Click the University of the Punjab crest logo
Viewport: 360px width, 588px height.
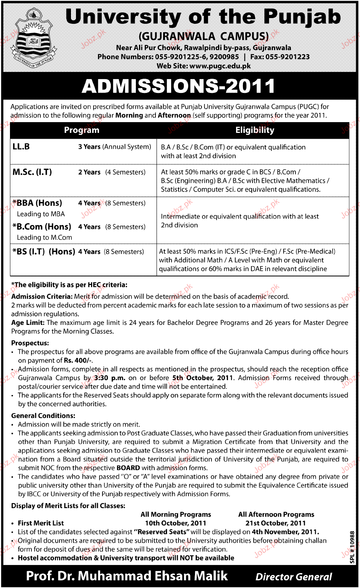pyautogui.click(x=33, y=38)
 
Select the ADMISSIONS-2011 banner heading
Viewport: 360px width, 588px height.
pyautogui.click(x=178, y=86)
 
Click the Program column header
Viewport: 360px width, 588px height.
pyautogui.click(x=81, y=130)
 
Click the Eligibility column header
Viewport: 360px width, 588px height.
pyautogui.click(x=255, y=130)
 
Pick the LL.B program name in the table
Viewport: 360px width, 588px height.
pyautogui.click(x=21, y=147)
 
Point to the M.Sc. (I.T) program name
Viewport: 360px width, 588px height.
pyautogui.click(x=32, y=172)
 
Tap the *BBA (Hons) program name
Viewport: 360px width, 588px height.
pyautogui.click(x=37, y=203)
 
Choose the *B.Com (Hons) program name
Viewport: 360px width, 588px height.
pyautogui.click(x=42, y=227)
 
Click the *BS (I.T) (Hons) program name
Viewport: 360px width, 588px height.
pyautogui.click(x=44, y=252)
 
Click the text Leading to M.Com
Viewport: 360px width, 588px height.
pyautogui.click(x=45, y=237)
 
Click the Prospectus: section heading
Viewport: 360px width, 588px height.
pyautogui.click(x=30, y=343)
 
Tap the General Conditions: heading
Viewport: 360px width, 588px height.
pyautogui.click(x=43, y=416)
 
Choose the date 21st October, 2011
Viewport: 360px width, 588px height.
pyautogui.click(x=276, y=523)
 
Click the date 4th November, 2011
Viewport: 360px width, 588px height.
pyautogui.click(x=285, y=532)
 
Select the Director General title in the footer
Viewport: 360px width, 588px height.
pyautogui.click(x=294, y=577)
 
